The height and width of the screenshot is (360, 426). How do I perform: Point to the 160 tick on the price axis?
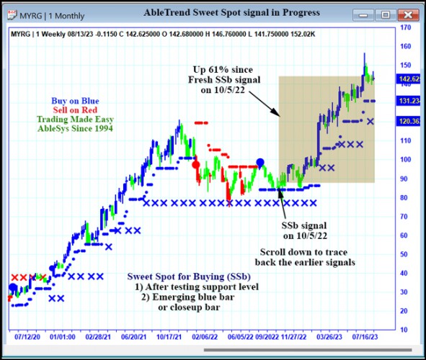point(406,47)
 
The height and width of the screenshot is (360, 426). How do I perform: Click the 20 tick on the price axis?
point(406,310)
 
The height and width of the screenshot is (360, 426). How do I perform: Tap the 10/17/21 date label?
point(169,336)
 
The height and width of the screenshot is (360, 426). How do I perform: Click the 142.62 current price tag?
point(409,79)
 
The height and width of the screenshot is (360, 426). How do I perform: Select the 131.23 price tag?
point(409,101)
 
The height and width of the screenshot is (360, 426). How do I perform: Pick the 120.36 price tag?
point(409,122)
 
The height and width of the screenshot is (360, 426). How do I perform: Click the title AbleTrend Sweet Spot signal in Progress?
point(221,12)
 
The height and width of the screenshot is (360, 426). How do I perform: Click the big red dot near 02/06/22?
point(195,164)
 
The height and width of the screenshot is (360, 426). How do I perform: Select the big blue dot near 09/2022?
point(260,163)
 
